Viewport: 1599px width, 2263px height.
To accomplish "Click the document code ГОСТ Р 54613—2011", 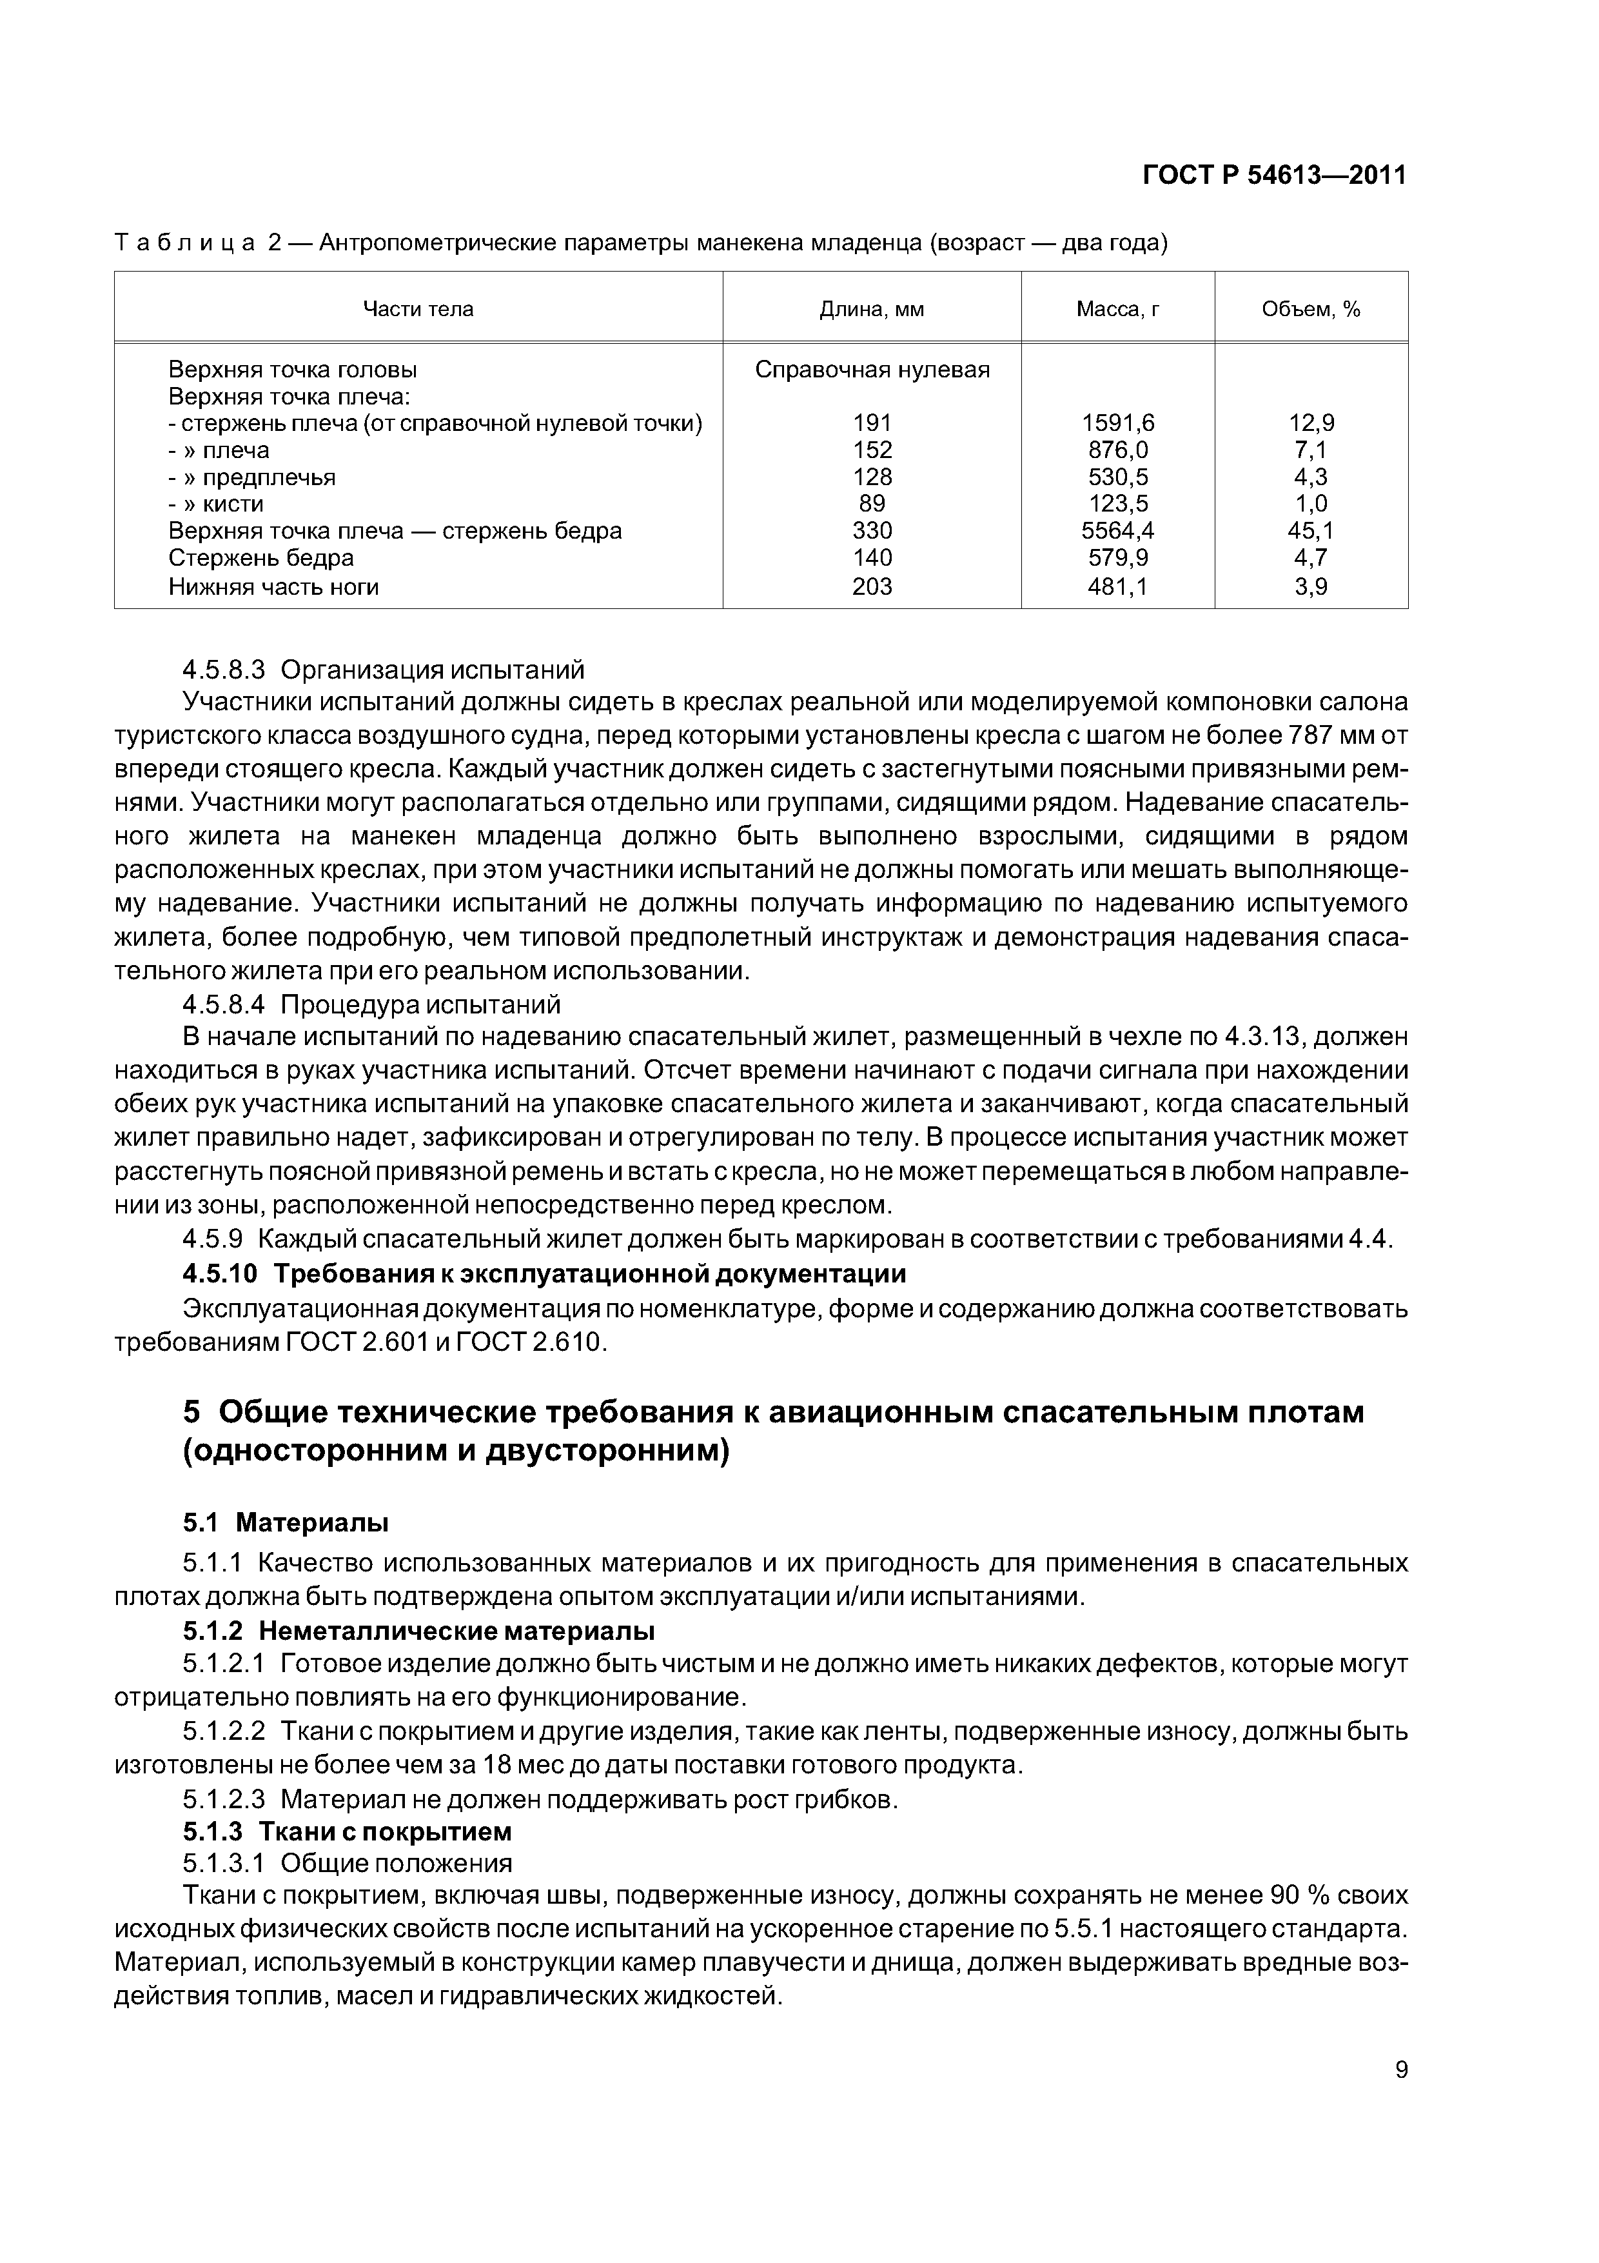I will coord(1274,175).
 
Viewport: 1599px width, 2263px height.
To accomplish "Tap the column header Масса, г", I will coord(1117,310).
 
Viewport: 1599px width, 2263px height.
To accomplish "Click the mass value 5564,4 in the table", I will coord(1117,532).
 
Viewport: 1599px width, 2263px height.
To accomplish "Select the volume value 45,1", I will coord(1311,532).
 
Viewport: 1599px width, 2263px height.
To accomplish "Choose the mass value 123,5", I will coord(1117,504).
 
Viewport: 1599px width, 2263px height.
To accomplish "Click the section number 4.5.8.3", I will coord(224,670).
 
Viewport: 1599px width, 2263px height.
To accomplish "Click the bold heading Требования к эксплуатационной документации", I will coord(589,1273).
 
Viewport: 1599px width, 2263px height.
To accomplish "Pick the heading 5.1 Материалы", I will coord(286,1523).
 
